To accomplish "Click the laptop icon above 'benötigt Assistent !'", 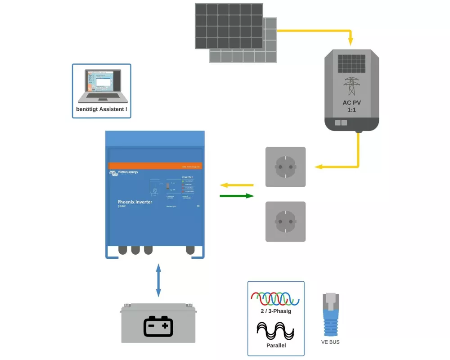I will tap(101, 86).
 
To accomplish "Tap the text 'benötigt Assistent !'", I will tap(101, 109).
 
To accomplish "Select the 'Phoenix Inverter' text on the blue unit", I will tap(135, 202).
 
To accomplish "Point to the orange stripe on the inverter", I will tap(155, 165).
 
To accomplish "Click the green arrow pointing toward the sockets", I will tap(237, 196).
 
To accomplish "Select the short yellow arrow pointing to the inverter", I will tap(237, 185).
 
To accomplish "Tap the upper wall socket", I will tap(285, 167).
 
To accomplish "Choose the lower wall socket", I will tap(285, 221).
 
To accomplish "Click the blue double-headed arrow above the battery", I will tap(158, 280).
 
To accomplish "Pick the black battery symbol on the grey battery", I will tap(158, 326).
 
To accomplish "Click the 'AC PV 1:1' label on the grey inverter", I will tap(351, 106).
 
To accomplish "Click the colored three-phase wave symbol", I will tap(275, 298).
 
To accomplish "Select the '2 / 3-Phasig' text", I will tap(275, 311).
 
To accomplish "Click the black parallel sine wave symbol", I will tap(275, 331).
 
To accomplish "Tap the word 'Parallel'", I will tap(275, 346).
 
